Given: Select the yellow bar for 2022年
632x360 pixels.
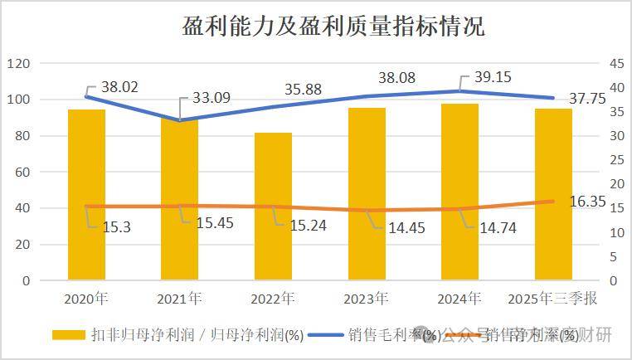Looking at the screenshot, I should pos(273,207).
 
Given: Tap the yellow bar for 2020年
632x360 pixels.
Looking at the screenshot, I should pos(86,195).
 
